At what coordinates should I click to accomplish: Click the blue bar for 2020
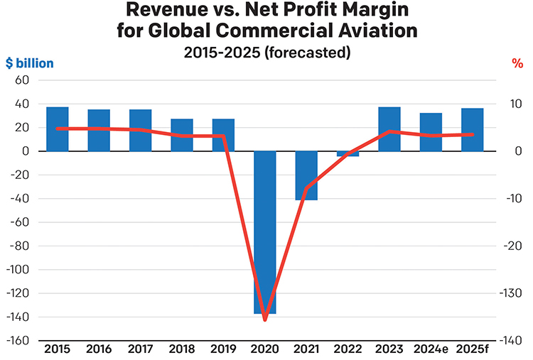click(265, 232)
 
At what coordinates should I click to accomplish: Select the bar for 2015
click(58, 129)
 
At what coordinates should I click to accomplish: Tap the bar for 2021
click(306, 175)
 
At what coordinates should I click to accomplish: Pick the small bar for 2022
click(348, 153)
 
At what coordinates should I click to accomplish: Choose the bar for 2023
click(389, 129)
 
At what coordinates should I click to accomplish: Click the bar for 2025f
click(472, 130)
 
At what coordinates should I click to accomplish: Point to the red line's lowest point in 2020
click(265, 320)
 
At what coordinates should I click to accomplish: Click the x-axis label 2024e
click(431, 349)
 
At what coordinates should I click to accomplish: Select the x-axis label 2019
click(223, 349)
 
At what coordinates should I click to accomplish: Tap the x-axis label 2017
click(140, 349)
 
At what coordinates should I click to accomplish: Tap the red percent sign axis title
click(517, 63)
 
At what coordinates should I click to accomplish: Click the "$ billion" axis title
click(29, 63)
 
